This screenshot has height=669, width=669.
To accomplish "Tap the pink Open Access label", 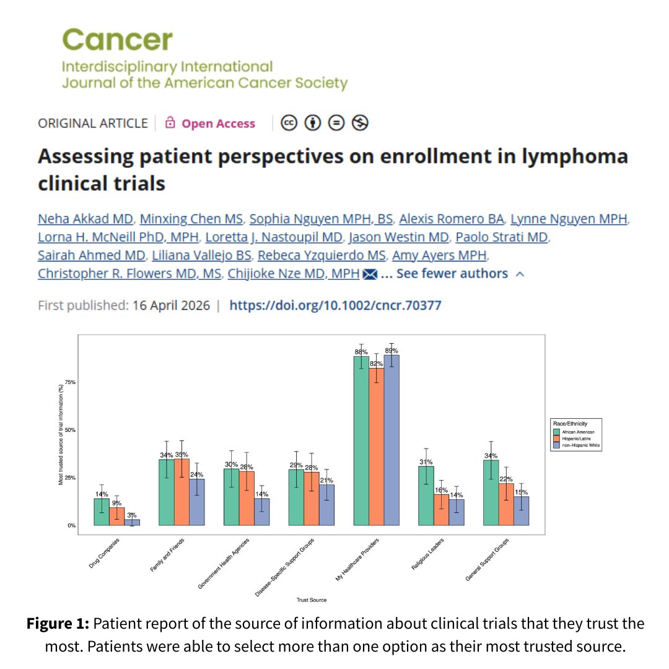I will pyautogui.click(x=218, y=123).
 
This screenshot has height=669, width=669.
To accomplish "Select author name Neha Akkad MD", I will pyautogui.click(x=85, y=219).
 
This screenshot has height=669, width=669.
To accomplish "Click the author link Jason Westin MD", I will pyautogui.click(x=399, y=237).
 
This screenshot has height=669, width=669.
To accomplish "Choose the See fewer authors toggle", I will pyautogui.click(x=452, y=273).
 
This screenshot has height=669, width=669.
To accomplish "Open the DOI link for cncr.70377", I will pyautogui.click(x=335, y=305).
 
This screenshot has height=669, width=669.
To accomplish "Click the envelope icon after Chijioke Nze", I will pyautogui.click(x=370, y=274).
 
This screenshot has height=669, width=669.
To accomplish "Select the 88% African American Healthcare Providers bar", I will pyautogui.click(x=361, y=441).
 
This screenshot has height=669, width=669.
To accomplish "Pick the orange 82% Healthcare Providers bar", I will pyautogui.click(x=377, y=447).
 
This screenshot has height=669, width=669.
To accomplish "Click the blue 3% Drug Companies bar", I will pyautogui.click(x=132, y=522).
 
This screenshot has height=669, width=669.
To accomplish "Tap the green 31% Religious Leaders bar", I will pyautogui.click(x=426, y=496).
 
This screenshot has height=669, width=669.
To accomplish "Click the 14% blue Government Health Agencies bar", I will pyautogui.click(x=261, y=512).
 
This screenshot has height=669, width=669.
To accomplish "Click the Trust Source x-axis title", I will pyautogui.click(x=312, y=600).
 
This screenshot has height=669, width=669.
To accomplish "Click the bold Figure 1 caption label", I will pyautogui.click(x=59, y=623).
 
